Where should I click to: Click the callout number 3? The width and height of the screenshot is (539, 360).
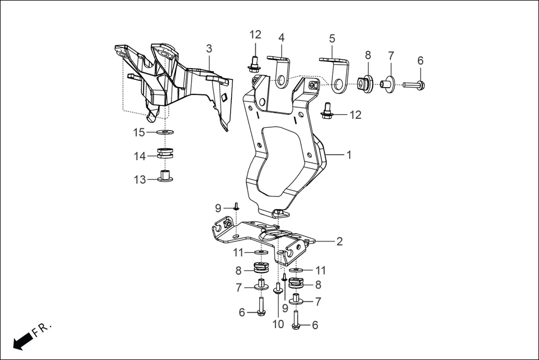tap(209, 49)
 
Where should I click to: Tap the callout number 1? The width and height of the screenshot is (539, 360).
tap(349, 155)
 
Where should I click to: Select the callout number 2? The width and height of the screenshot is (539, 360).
tap(340, 242)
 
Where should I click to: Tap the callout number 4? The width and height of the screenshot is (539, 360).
tap(282, 38)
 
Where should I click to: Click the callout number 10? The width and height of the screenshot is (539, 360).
tap(278, 324)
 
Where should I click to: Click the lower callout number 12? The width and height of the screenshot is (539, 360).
tap(355, 115)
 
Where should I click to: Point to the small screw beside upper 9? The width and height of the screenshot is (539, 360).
tap(236, 207)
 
